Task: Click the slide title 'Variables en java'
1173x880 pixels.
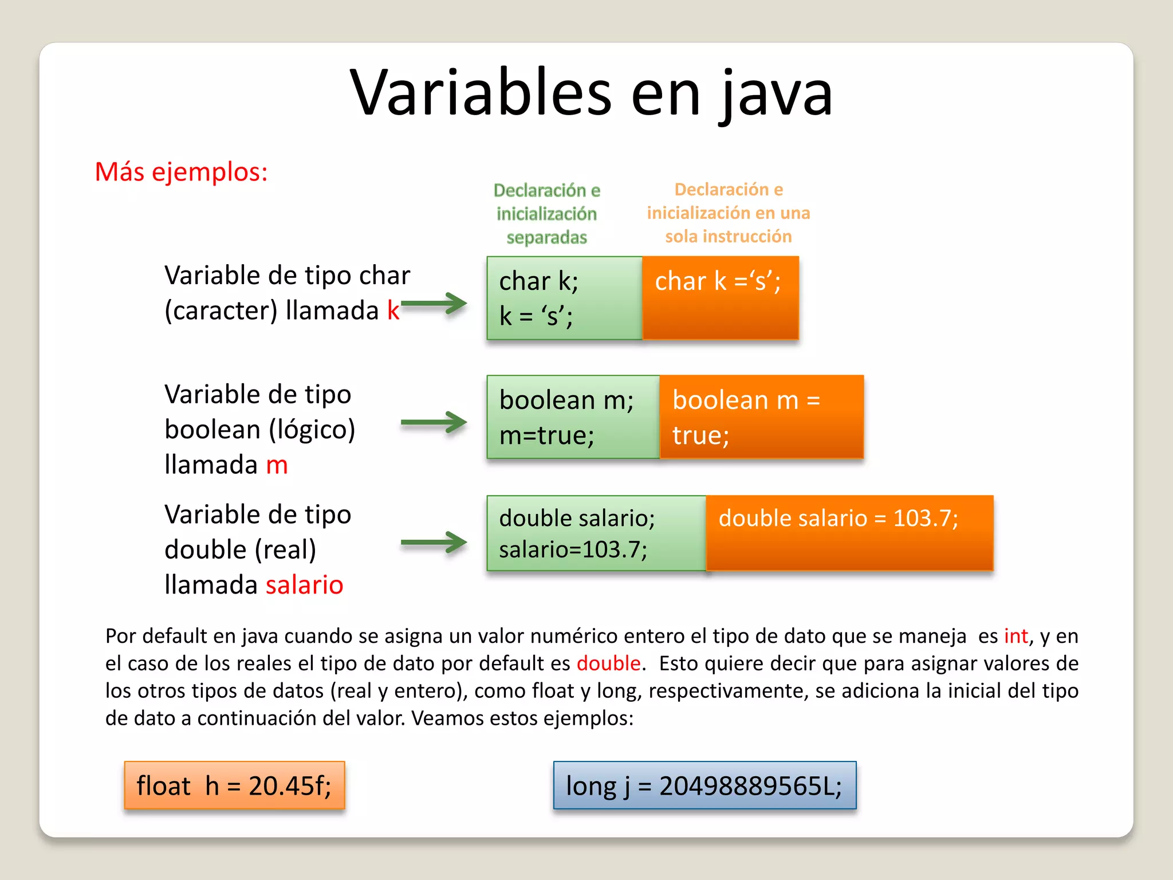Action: (x=591, y=93)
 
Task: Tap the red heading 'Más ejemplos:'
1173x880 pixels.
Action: (x=181, y=172)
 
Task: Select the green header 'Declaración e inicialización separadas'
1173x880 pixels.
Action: (x=546, y=214)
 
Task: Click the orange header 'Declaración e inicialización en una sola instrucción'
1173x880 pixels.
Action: (x=728, y=213)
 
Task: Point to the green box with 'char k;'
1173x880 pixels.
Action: (x=564, y=298)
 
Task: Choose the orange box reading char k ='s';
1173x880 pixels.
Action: (x=720, y=298)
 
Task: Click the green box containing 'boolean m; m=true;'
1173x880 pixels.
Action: (x=573, y=417)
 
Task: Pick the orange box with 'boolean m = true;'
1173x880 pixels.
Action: (x=761, y=417)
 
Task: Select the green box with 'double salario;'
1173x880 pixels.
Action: (x=596, y=533)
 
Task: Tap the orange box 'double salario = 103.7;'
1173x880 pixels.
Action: (x=849, y=533)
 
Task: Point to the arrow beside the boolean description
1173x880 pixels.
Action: (x=434, y=423)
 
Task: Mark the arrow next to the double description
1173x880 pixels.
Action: (x=434, y=542)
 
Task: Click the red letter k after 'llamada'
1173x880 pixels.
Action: (x=393, y=311)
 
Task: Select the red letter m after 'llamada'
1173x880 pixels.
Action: (x=277, y=465)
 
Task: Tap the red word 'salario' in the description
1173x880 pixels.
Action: (x=304, y=585)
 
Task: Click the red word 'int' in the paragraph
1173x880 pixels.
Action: (x=1015, y=636)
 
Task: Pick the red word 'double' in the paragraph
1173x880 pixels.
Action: (x=608, y=663)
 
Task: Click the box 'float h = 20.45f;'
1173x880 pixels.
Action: (x=234, y=785)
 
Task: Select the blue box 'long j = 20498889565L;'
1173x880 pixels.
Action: (x=704, y=785)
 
